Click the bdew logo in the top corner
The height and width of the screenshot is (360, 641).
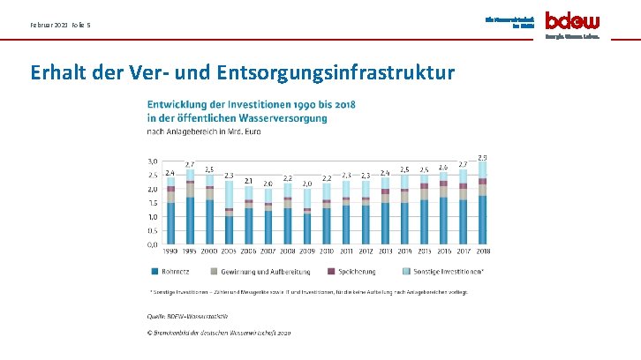point(573,20)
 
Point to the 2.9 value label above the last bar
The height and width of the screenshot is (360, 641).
point(482,157)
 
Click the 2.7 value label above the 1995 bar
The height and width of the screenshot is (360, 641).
point(190,164)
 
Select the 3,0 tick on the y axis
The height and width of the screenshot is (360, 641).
point(152,161)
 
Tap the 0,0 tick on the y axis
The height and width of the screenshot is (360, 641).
point(152,244)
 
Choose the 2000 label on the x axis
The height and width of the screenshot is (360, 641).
point(209,251)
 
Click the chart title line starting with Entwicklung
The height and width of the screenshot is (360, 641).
point(251,104)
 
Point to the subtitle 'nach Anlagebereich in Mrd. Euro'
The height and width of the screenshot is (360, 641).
point(204,132)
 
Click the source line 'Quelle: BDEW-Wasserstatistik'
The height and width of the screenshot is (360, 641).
point(187,315)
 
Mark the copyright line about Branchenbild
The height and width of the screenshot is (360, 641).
point(218,333)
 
